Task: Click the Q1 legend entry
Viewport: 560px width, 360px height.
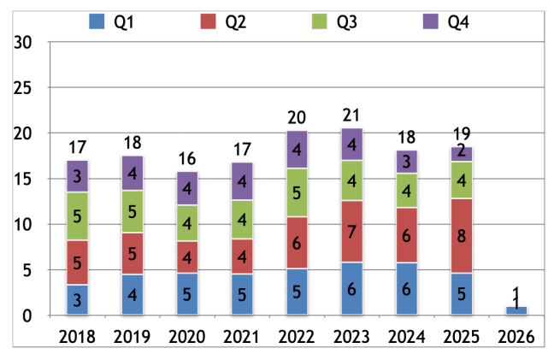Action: (x=112, y=21)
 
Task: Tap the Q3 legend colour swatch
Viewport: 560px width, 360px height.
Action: (x=321, y=21)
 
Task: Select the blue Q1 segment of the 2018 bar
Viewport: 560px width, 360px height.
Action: (x=77, y=300)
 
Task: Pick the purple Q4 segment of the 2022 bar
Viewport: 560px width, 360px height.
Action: (x=297, y=150)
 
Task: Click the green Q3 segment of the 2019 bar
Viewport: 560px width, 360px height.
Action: (x=132, y=211)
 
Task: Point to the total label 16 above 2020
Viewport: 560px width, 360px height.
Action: (x=187, y=158)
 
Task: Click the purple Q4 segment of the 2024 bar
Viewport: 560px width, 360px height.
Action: (x=407, y=162)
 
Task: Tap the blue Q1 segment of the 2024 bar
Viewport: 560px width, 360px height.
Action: (x=407, y=289)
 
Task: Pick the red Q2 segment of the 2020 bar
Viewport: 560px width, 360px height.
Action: (x=187, y=257)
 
